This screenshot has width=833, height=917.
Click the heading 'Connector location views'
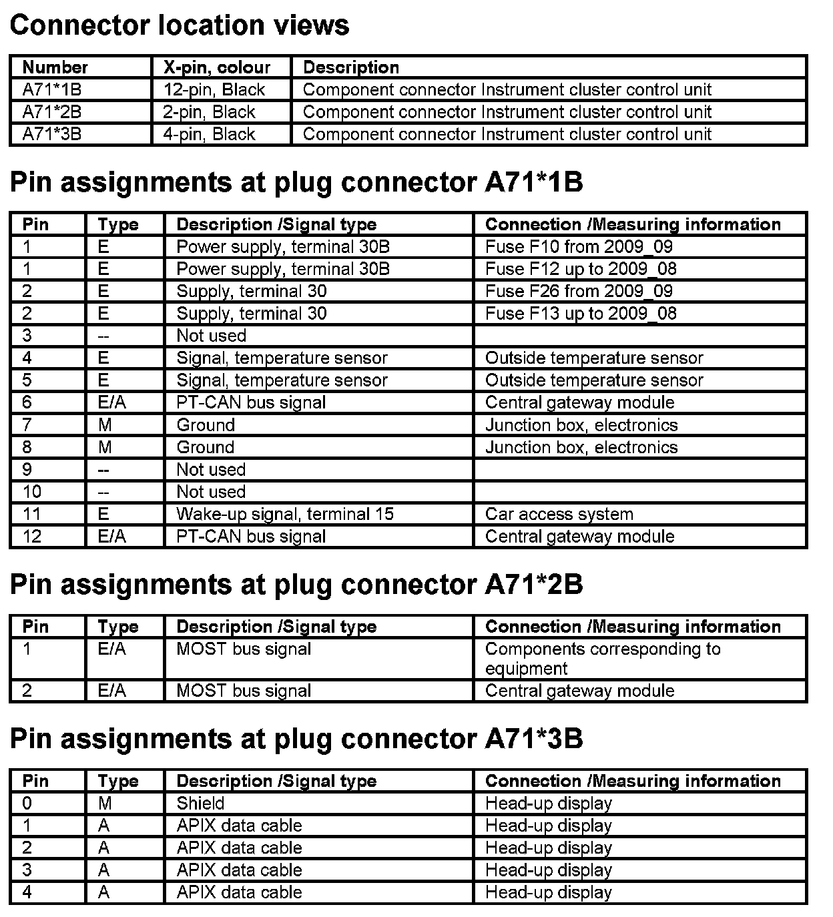[180, 25]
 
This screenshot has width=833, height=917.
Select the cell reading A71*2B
[52, 112]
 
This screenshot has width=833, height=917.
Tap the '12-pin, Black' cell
[214, 90]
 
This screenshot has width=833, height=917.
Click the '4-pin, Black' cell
[209, 134]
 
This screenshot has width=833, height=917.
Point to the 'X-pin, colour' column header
[217, 67]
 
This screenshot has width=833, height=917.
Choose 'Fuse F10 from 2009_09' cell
[579, 247]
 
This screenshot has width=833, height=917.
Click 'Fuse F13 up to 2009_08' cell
[581, 314]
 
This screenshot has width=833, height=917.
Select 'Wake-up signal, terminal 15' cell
[285, 515]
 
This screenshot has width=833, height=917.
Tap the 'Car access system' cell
[559, 515]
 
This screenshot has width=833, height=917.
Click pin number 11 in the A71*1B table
[31, 515]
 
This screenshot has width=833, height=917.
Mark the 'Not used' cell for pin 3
[211, 336]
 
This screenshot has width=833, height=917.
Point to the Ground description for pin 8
[206, 447]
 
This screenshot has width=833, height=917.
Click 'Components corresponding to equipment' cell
[602, 659]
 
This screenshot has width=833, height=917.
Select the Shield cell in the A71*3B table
[200, 804]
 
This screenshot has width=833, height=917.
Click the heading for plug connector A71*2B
[296, 585]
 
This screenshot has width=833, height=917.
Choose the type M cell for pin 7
[105, 425]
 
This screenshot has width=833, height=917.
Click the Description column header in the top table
[351, 67]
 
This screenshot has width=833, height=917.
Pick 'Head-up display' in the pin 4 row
[548, 892]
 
